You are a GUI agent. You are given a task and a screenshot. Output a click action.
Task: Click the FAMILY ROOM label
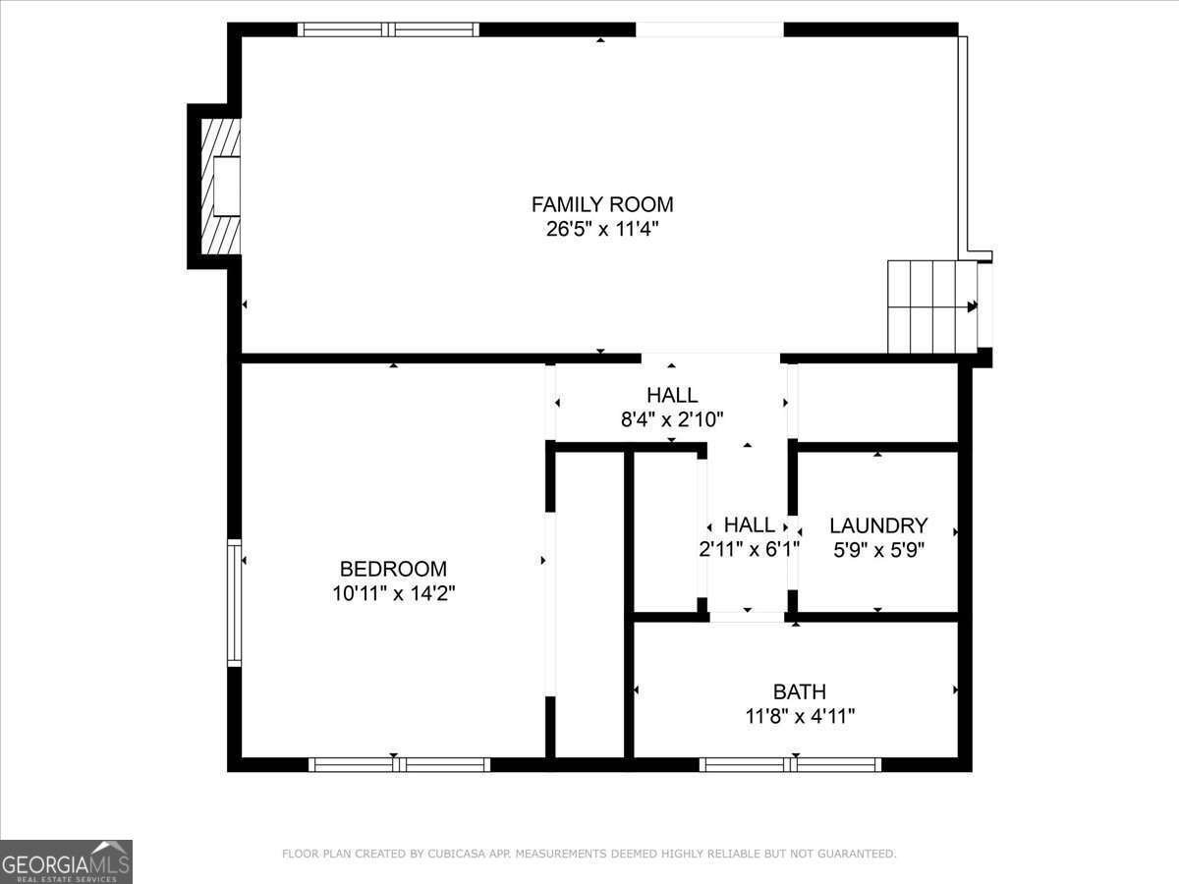click(602, 204)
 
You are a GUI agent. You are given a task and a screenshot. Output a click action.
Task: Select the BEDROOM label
click(393, 569)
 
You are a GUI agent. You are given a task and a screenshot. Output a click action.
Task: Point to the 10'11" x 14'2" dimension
click(393, 593)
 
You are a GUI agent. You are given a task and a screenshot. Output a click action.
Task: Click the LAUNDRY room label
click(878, 525)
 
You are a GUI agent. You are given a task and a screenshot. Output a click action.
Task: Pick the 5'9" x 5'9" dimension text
click(878, 550)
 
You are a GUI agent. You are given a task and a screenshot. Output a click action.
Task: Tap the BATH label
click(800, 691)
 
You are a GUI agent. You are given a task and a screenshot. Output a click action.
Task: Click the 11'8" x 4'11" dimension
click(800, 716)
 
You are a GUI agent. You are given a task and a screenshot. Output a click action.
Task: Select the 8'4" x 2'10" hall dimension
click(672, 419)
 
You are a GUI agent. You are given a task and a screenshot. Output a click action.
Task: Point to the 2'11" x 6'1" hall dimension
click(749, 550)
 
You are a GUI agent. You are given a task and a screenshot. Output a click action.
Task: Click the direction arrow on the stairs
click(972, 306)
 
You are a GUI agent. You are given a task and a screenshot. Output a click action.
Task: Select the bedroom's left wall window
click(234, 602)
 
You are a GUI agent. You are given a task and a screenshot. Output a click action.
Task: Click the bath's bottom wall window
click(790, 764)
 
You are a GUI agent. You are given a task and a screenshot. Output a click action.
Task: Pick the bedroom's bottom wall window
click(399, 764)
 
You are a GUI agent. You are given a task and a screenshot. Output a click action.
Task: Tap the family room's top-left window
click(388, 29)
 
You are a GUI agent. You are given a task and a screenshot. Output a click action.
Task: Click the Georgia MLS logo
click(66, 861)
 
